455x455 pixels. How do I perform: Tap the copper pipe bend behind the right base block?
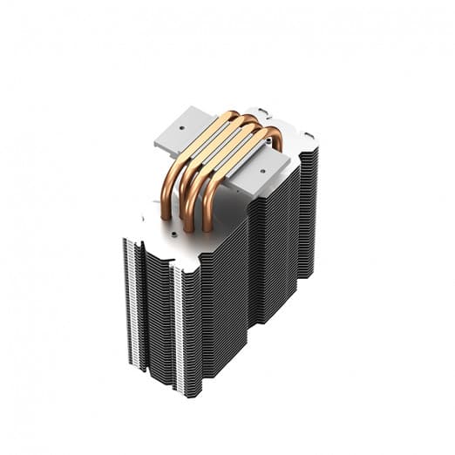click(275, 139)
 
